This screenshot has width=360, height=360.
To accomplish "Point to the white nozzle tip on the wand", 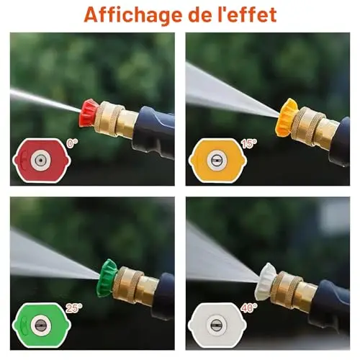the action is click(x=267, y=282).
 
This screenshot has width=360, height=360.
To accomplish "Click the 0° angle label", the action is click(x=72, y=143).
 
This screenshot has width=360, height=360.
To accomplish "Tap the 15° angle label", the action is click(x=248, y=143).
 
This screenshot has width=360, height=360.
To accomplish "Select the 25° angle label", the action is click(x=74, y=308).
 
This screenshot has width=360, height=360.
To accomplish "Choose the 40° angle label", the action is click(x=249, y=308).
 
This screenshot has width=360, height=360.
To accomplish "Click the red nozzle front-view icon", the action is click(x=42, y=160).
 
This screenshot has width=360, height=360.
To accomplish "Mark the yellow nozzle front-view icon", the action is click(x=217, y=160).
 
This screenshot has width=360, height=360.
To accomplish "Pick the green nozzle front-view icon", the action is click(x=42, y=325).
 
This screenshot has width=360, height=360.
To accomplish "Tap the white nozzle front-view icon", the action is click(x=217, y=325).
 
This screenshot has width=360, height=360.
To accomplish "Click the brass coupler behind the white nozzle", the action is click(x=296, y=287).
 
